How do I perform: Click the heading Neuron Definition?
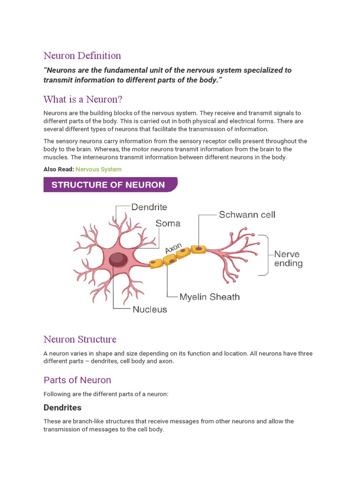82,56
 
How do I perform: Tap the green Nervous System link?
98,169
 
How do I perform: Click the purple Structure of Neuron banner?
110,185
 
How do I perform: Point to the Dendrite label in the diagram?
149,207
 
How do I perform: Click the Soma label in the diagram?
168,224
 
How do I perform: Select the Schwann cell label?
247,215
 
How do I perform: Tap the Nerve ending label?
288,259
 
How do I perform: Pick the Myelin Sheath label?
210,297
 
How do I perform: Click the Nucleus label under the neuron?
150,309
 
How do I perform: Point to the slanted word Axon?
173,248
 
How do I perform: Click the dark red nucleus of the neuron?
118,259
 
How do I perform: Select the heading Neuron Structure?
80,339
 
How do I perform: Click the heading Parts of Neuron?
77,380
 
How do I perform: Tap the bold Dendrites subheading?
62,407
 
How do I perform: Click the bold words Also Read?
59,169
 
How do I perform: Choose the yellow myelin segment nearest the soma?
157,263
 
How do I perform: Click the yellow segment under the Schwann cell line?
198,249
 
